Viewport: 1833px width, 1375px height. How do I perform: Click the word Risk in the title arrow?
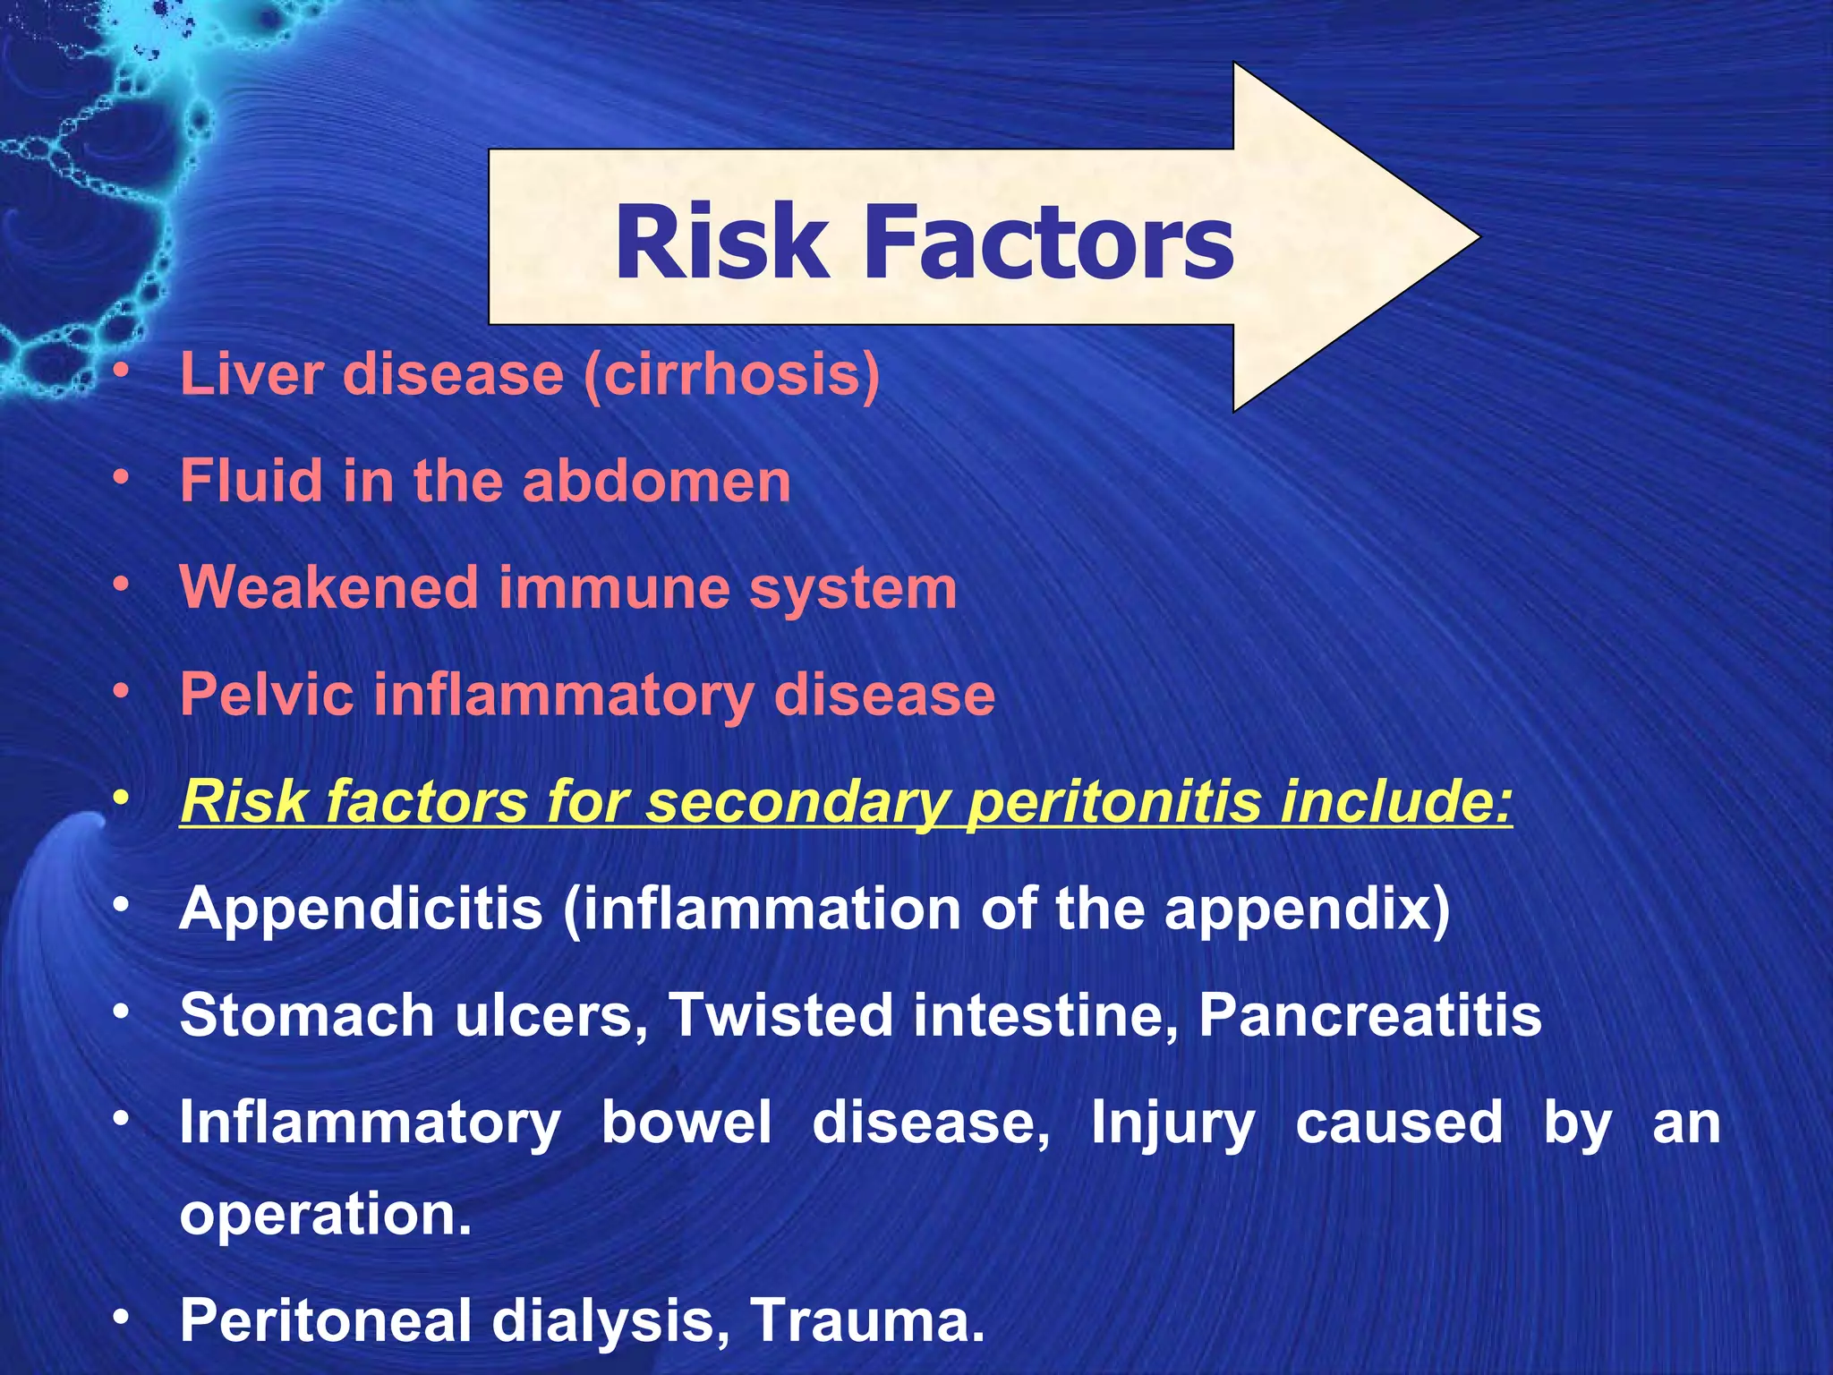[721, 242]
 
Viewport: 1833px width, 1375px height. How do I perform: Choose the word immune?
[613, 588]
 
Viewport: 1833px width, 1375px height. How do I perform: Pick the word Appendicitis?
[362, 909]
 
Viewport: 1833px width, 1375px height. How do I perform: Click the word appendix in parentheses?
[1307, 910]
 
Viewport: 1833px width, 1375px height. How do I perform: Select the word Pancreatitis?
[1369, 1015]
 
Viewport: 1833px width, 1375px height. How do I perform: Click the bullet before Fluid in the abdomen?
[122, 479]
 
